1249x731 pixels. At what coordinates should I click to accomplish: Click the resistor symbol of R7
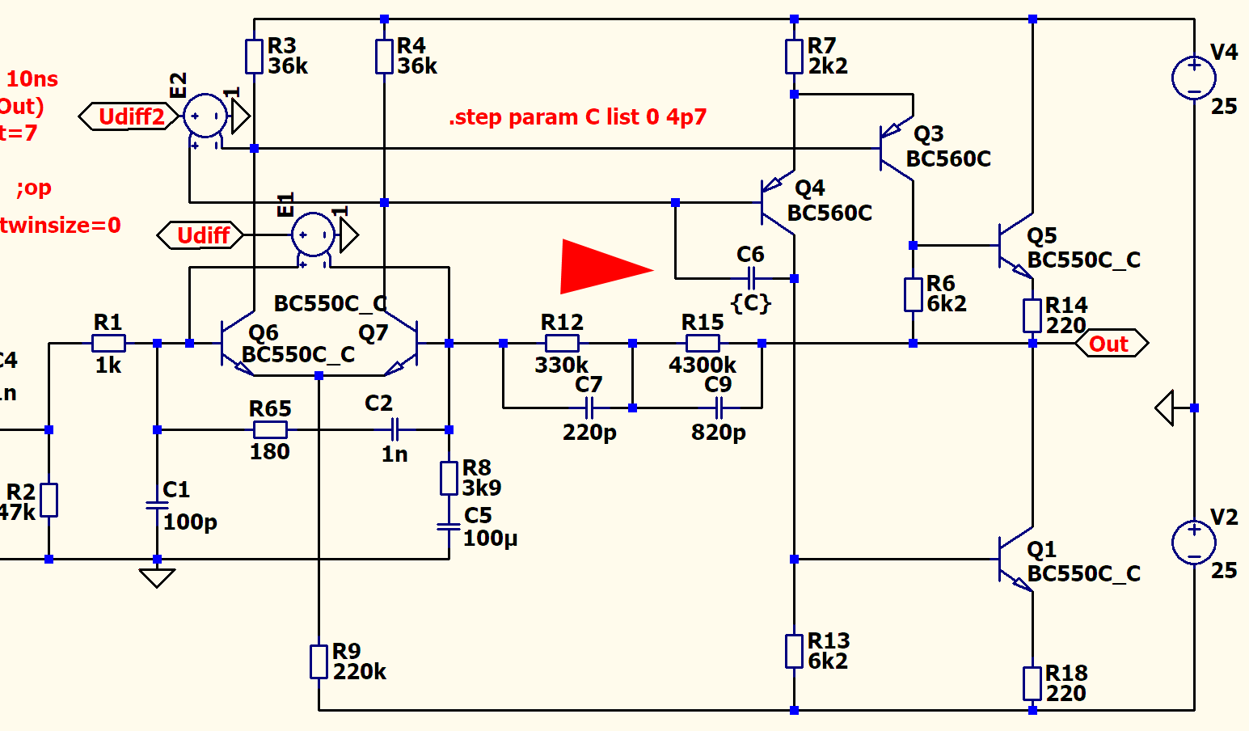pyautogui.click(x=794, y=57)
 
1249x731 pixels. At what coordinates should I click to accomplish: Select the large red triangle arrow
pyautogui.click(x=602, y=266)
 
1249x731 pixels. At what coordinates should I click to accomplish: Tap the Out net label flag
pyautogui.click(x=1111, y=344)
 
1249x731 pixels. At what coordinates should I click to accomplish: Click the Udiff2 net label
pyautogui.click(x=129, y=116)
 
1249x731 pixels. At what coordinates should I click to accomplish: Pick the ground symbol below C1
pyautogui.click(x=157, y=577)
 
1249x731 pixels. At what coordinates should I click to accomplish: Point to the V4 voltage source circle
pyautogui.click(x=1193, y=78)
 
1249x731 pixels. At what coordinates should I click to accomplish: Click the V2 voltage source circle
pyautogui.click(x=1193, y=542)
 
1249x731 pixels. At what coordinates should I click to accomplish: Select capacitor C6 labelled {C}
pyautogui.click(x=751, y=279)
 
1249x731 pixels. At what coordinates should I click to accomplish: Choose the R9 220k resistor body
pyautogui.click(x=319, y=661)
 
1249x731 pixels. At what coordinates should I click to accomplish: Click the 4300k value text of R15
pyautogui.click(x=702, y=365)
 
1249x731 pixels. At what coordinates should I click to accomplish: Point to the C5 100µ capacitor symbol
pyautogui.click(x=449, y=526)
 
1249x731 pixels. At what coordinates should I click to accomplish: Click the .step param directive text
pyautogui.click(x=577, y=117)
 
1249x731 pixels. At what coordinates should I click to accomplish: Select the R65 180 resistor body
pyautogui.click(x=270, y=430)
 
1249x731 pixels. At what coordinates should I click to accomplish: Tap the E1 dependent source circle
pyautogui.click(x=313, y=235)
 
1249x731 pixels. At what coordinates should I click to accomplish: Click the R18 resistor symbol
pyautogui.click(x=1032, y=683)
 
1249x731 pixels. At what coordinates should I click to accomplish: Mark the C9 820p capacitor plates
pyautogui.click(x=719, y=408)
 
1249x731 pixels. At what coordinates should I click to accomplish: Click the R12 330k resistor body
pyautogui.click(x=562, y=344)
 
